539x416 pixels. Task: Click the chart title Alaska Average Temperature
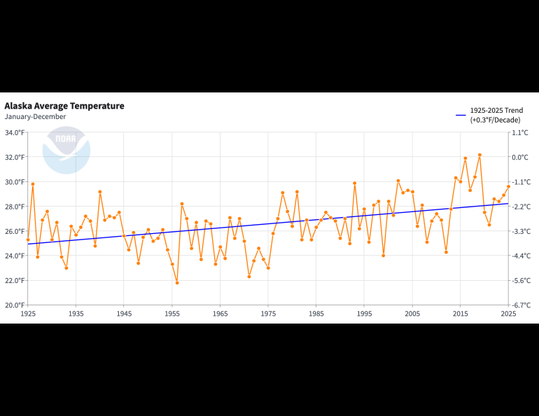pos(64,106)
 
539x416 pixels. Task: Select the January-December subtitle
pos(35,117)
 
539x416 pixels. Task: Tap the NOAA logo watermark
pos(66,150)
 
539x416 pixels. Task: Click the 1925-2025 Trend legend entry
pos(496,111)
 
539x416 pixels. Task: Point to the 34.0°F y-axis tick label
pos(14,132)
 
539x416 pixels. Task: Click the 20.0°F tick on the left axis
pos(14,305)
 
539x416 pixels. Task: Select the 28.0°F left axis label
pos(14,207)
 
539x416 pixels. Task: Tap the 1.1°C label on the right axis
pos(520,132)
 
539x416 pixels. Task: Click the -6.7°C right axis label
pos(520,305)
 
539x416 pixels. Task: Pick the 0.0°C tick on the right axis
pos(520,158)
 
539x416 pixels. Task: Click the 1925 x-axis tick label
pos(28,314)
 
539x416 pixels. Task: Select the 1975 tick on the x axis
pos(268,314)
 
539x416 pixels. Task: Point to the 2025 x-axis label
pos(508,314)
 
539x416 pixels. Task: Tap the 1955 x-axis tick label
pos(172,314)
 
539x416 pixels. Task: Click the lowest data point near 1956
pos(177,283)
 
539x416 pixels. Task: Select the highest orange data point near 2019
pos(479,155)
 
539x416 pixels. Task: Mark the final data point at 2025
pos(508,186)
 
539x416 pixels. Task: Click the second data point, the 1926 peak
pos(33,184)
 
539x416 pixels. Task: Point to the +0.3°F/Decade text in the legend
pos(496,120)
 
